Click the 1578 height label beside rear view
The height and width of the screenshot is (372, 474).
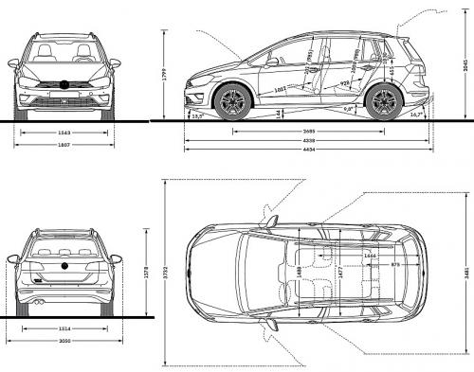pyautogui.click(x=145, y=272)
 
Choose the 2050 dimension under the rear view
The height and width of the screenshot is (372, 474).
pyautogui.click(x=64, y=341)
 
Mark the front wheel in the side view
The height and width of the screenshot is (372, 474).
pyautogui.click(x=230, y=101)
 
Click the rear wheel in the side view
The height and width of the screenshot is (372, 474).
pyautogui.click(x=383, y=101)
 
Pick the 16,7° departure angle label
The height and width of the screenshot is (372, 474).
pyautogui.click(x=416, y=115)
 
